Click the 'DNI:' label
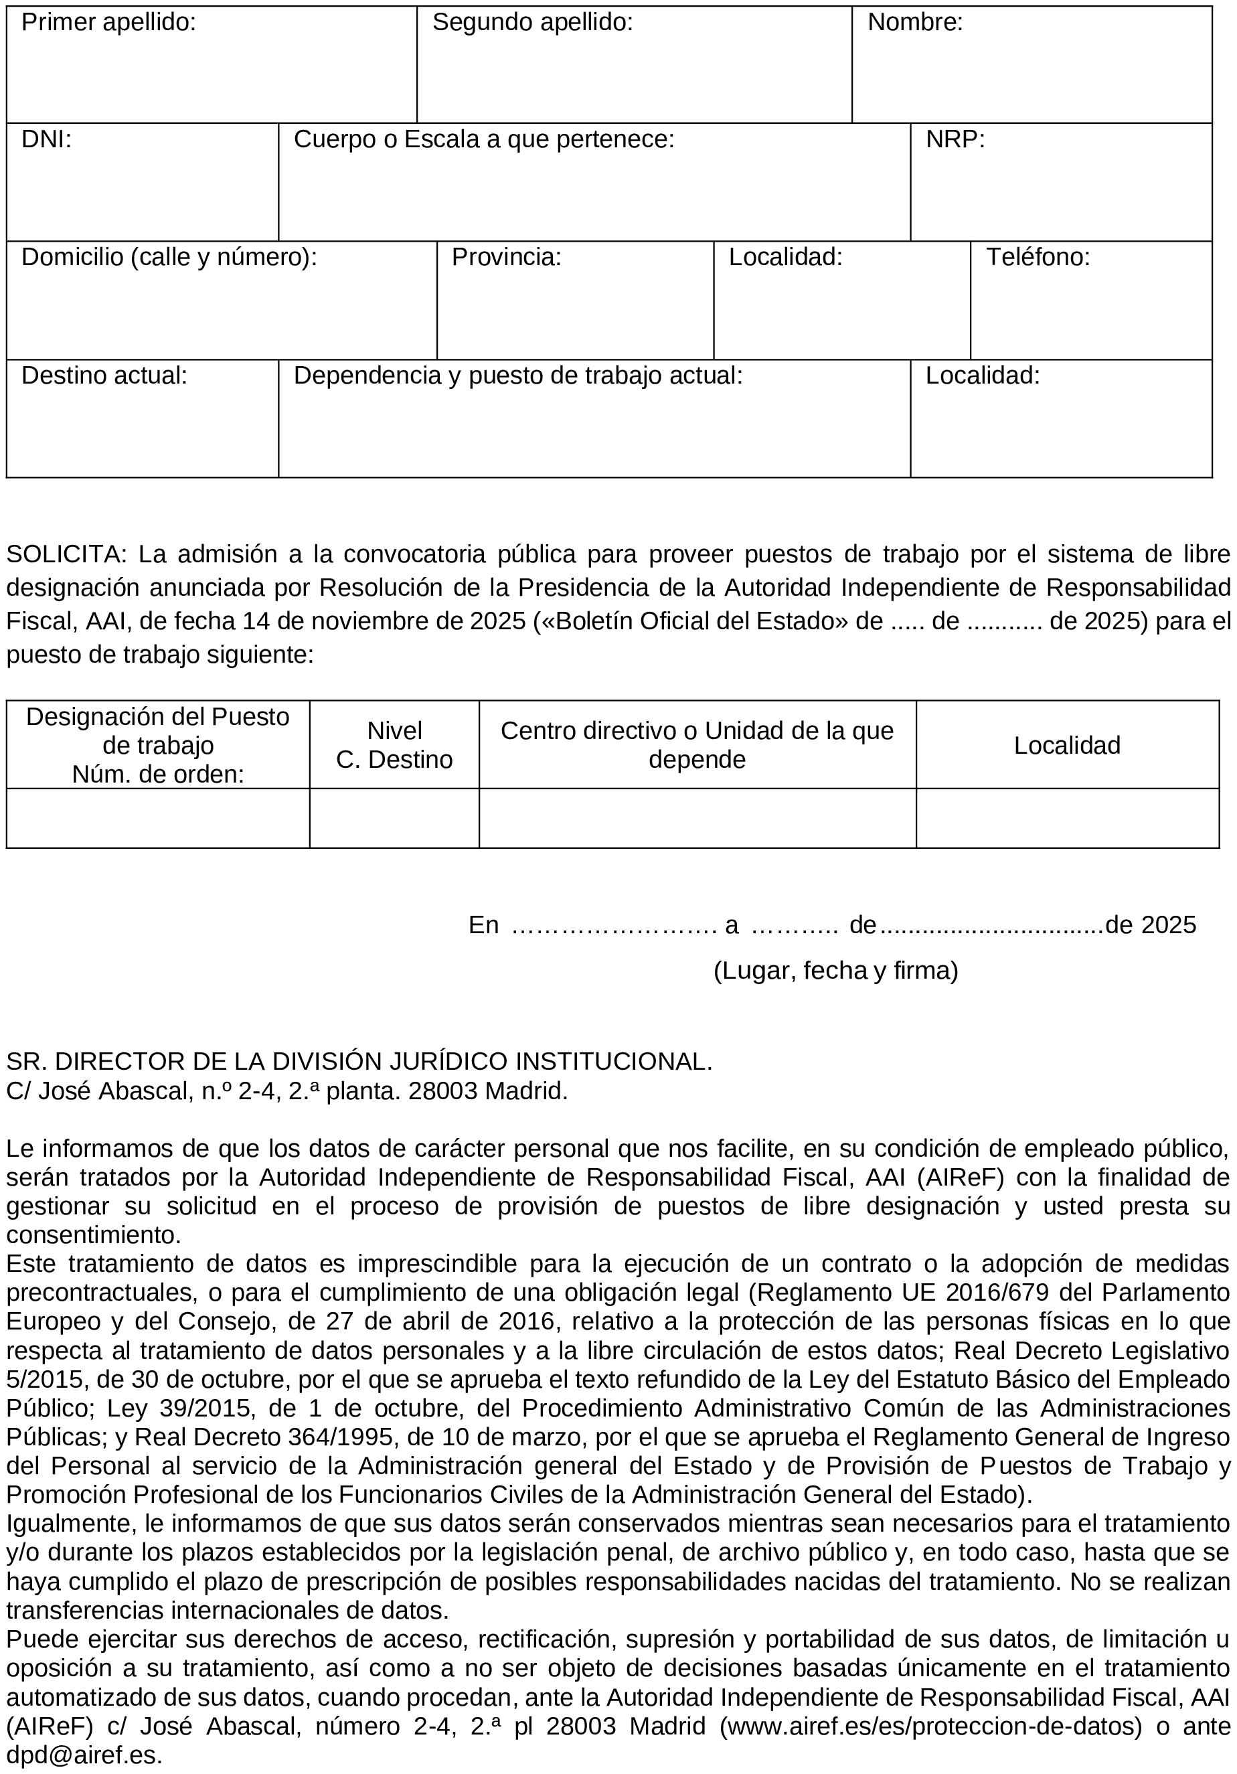46,140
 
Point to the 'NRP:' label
955,140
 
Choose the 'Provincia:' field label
506,257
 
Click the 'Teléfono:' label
1038,257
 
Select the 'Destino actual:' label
104,376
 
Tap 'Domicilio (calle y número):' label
169,257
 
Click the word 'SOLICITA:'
66,554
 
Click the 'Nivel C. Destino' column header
394,745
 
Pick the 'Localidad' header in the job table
1066,745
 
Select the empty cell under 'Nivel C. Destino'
394,817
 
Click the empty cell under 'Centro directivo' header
697,817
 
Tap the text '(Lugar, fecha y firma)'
835,971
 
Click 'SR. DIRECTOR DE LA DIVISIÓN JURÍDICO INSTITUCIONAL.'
359,1061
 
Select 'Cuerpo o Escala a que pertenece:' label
484,140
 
